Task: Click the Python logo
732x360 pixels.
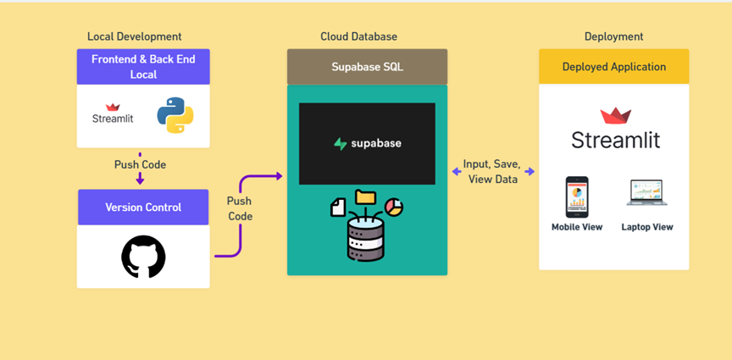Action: [x=175, y=115]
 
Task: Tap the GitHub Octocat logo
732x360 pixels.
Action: [x=143, y=257]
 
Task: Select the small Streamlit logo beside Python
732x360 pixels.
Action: [x=113, y=114]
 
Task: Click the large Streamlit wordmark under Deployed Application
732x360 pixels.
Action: [x=616, y=140]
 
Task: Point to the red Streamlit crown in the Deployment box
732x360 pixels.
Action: [x=616, y=116]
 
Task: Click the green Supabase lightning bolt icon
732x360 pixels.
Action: [x=341, y=143]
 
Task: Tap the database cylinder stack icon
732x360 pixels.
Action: [x=365, y=238]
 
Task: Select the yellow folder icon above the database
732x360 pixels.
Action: [x=365, y=197]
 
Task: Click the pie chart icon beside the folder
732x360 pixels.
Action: [x=394, y=208]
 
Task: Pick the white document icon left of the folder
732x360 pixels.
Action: [x=338, y=208]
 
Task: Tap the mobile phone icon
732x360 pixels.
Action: [x=577, y=197]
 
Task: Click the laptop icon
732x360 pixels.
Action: [x=646, y=193]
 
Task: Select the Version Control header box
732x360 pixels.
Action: [x=143, y=208]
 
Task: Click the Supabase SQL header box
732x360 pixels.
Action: [x=368, y=67]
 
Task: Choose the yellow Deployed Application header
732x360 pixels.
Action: [x=614, y=67]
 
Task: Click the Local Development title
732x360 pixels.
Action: [x=135, y=36]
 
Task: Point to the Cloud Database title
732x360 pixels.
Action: [x=359, y=36]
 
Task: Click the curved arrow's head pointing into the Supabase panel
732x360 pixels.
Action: [x=279, y=176]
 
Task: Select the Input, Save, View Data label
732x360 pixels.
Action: [x=492, y=171]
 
